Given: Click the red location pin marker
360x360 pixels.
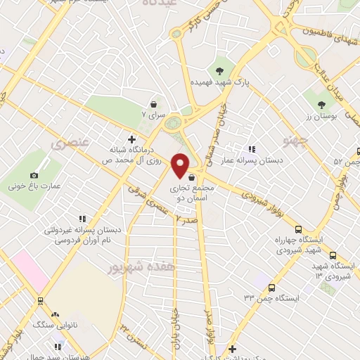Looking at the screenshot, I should pyautogui.click(x=181, y=165).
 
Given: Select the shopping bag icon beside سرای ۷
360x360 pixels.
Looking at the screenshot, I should pyautogui.click(x=153, y=104).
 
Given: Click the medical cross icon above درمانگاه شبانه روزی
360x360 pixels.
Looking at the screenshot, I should pyautogui.click(x=131, y=139).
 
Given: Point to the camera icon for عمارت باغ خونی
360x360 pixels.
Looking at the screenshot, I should pyautogui.click(x=34, y=175).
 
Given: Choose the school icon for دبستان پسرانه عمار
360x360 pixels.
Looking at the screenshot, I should pyautogui.click(x=251, y=149).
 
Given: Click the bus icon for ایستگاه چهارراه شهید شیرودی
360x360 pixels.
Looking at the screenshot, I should pyautogui.click(x=298, y=229).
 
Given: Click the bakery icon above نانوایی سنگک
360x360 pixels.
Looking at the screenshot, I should pyautogui.click(x=56, y=316).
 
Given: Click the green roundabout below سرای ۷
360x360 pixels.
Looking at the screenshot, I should pyautogui.click(x=172, y=124).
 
